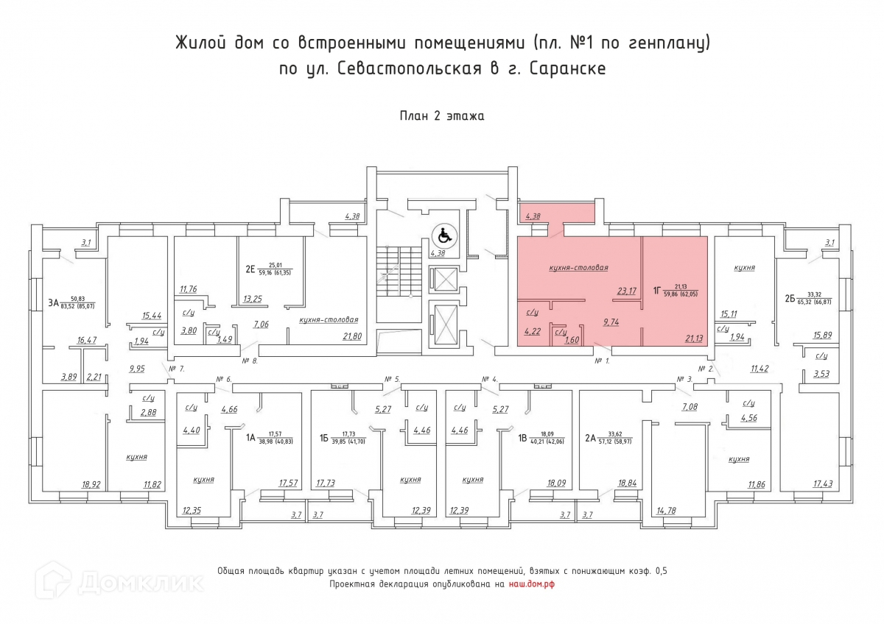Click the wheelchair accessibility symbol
click(x=445, y=236)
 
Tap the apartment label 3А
click(x=53, y=302)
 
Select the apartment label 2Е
click(x=250, y=269)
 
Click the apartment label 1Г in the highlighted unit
click(x=656, y=291)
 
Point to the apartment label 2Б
click(x=790, y=299)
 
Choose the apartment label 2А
click(x=590, y=438)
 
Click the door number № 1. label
click(x=603, y=361)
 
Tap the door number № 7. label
click(x=176, y=369)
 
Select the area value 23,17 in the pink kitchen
click(x=627, y=291)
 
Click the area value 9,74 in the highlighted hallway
click(x=611, y=322)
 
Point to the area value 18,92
click(x=91, y=484)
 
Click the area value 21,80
click(x=352, y=336)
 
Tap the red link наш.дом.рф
click(x=532, y=584)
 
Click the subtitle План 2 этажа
click(x=442, y=116)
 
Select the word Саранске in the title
click(x=567, y=68)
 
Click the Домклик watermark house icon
click(x=53, y=581)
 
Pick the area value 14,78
click(x=666, y=511)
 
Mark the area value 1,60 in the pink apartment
click(x=572, y=340)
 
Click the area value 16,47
click(x=87, y=340)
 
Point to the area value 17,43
click(x=823, y=483)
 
